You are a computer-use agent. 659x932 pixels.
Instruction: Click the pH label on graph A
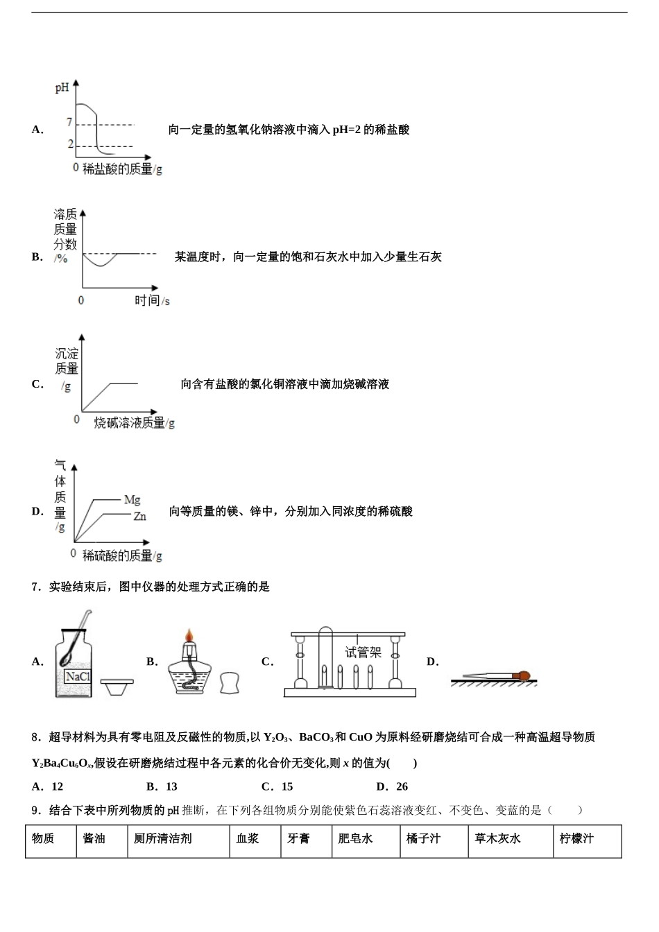click(62, 89)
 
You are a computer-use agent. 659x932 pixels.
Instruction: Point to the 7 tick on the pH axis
click(69, 123)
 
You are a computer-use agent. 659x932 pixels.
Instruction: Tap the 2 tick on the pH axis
click(70, 144)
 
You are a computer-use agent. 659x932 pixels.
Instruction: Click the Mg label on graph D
click(132, 499)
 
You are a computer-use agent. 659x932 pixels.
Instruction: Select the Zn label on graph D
click(139, 517)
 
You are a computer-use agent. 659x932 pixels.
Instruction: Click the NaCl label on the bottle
click(78, 676)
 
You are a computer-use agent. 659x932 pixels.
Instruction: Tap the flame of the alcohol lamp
click(188, 636)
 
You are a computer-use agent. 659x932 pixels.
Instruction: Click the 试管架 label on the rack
click(363, 652)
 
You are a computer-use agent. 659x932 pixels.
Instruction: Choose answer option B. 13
click(162, 786)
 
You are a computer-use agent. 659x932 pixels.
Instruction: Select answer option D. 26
click(392, 786)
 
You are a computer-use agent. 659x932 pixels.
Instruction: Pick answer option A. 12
click(48, 786)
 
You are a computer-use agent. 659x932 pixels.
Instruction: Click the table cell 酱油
click(94, 838)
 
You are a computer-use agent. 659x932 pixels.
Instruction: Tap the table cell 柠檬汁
click(576, 838)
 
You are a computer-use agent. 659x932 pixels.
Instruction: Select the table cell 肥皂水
click(355, 838)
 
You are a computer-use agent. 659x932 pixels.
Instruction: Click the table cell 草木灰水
click(497, 838)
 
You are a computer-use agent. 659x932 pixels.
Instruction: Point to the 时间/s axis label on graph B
click(152, 300)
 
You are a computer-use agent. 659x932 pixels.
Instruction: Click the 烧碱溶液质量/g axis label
click(135, 422)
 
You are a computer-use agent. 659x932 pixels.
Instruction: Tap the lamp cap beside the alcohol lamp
click(231, 683)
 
